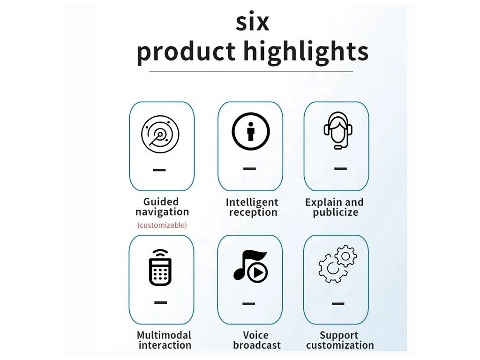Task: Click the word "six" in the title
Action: click(x=253, y=22)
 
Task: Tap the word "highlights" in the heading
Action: click(x=306, y=52)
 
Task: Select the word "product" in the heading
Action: click(x=186, y=52)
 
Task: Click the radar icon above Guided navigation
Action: click(x=160, y=135)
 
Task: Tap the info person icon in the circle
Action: click(x=251, y=131)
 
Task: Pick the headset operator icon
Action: click(x=338, y=130)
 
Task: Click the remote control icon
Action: click(x=160, y=268)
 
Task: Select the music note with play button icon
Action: click(x=251, y=266)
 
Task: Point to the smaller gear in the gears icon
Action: click(x=346, y=255)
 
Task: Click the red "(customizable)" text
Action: click(x=162, y=225)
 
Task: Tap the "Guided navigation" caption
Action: click(x=162, y=207)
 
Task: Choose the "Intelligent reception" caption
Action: click(x=252, y=207)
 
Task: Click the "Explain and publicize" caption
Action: click(x=335, y=207)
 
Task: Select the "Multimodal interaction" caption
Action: click(x=164, y=340)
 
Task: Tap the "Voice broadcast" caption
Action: click(x=256, y=340)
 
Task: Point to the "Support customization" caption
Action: click(x=340, y=340)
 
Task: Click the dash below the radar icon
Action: click(x=159, y=170)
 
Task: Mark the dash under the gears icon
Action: click(x=338, y=304)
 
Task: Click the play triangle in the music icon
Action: click(x=258, y=272)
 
